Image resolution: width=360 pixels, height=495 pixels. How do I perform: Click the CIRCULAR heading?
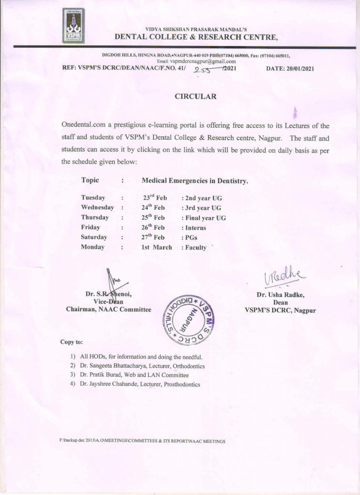point(195,97)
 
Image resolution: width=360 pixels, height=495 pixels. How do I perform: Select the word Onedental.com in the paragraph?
point(86,126)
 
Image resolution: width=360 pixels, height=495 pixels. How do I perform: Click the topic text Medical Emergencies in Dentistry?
point(195,181)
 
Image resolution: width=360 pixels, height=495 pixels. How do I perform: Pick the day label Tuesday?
point(93,198)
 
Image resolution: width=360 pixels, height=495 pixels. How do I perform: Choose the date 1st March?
point(156,247)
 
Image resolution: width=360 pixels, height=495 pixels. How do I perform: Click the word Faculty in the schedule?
point(196,247)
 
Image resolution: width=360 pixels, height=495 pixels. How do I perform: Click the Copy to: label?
point(71,342)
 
